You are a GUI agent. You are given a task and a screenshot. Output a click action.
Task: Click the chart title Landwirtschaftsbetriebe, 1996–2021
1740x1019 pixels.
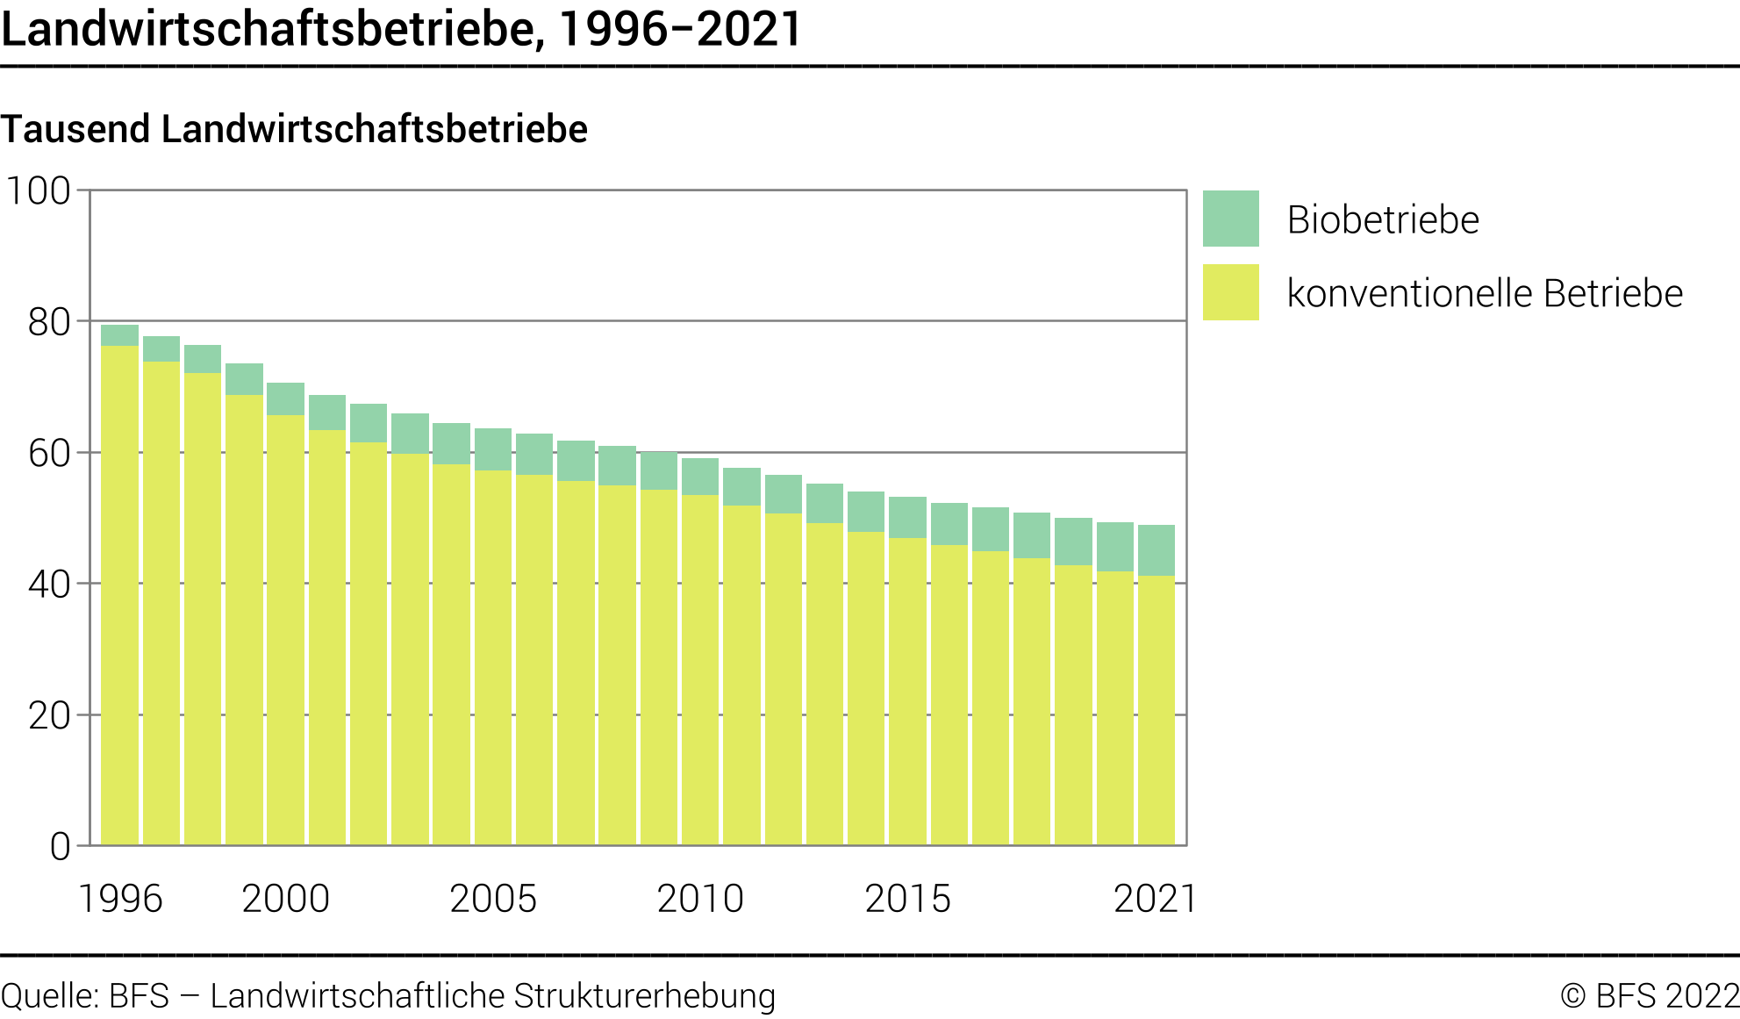point(401,29)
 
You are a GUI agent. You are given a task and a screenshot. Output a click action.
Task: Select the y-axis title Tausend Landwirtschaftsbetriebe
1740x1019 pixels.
point(294,129)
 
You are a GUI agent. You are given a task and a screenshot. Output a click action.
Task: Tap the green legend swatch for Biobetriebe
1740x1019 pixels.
point(1230,219)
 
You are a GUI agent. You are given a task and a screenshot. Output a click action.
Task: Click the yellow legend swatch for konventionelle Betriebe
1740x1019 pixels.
point(1230,292)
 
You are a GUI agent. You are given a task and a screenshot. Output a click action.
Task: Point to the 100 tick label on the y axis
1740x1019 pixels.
point(39,191)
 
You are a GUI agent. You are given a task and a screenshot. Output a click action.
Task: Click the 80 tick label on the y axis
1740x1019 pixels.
point(49,323)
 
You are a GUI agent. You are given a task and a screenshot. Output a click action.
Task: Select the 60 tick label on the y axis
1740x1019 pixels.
point(49,454)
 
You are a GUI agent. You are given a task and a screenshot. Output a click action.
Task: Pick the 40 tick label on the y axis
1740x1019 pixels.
point(49,585)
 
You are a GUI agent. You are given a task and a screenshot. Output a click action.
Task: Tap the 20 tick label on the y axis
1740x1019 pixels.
point(49,716)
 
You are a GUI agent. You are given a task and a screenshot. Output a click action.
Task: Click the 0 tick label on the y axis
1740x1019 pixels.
point(60,847)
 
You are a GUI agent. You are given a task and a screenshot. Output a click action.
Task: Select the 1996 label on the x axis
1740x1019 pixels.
point(120,899)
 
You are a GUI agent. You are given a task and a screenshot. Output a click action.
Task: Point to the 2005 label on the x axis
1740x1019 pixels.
point(493,899)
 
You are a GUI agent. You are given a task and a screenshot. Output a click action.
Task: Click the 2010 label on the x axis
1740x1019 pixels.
point(700,899)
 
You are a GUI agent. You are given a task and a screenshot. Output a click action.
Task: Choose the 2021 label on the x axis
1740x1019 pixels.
point(1155,899)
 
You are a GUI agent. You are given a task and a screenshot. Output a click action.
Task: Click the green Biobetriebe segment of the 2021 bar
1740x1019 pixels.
point(1156,550)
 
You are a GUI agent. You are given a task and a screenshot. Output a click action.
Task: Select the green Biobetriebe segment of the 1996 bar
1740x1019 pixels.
point(119,335)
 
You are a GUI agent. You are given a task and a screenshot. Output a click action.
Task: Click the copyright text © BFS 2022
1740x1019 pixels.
point(1650,996)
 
